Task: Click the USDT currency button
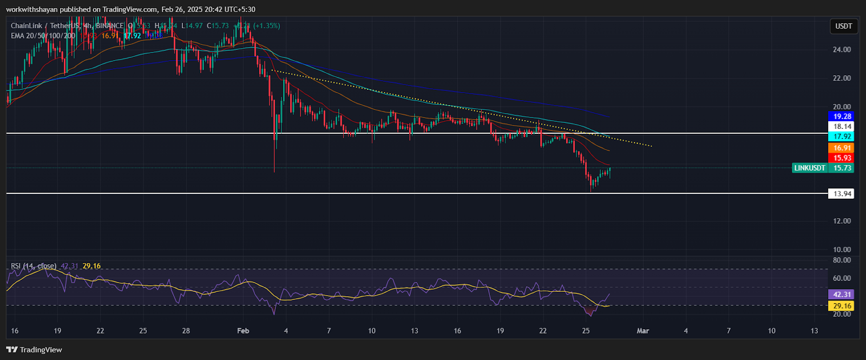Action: tap(843, 26)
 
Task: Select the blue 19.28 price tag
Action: tap(842, 116)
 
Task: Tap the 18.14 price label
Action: tap(842, 127)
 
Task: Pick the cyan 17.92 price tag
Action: tap(842, 137)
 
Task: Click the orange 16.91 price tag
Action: tap(842, 148)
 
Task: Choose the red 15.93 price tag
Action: tap(842, 158)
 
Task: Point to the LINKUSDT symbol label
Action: tap(810, 168)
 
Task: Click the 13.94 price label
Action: tap(842, 194)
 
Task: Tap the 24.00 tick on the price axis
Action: tap(842, 49)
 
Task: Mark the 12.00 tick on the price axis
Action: tap(842, 221)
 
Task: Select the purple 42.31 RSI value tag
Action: tap(842, 294)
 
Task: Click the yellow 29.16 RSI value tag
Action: tap(842, 306)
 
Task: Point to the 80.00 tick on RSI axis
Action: tap(842, 260)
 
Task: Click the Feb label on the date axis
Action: tap(243, 331)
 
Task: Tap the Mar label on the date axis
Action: tap(642, 331)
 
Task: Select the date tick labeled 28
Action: tap(186, 331)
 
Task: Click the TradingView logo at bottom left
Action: tap(34, 350)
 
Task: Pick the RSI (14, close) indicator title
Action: tap(34, 266)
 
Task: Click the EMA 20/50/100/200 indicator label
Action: tap(43, 36)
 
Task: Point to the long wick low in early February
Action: tap(274, 171)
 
